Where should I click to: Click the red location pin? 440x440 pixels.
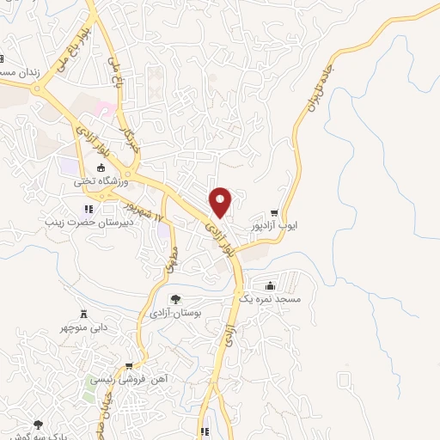[222, 201]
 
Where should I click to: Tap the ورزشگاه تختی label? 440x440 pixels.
[101, 182]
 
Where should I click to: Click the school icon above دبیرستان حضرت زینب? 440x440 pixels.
[87, 208]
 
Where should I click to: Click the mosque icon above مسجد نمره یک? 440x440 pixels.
[272, 284]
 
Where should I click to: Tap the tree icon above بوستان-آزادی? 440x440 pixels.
[176, 300]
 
